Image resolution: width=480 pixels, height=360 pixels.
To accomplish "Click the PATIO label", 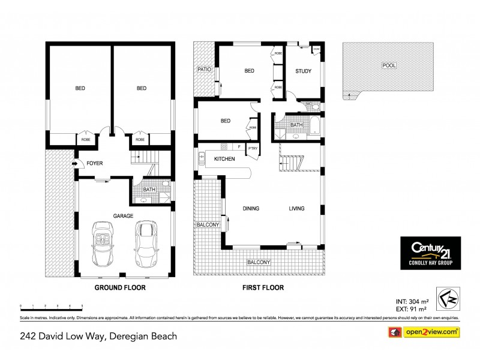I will [x=205, y=70].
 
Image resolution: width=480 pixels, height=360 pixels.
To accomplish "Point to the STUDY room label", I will [x=303, y=71].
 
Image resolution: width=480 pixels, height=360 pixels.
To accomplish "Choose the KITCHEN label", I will [x=224, y=158].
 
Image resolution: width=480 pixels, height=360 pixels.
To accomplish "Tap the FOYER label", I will [x=95, y=163].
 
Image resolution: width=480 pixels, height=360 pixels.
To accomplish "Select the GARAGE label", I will [x=122, y=215].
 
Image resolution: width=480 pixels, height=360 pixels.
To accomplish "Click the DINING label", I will [x=251, y=209].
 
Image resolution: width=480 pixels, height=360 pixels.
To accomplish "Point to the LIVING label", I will [x=296, y=209].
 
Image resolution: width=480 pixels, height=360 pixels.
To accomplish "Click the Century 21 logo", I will [x=430, y=253].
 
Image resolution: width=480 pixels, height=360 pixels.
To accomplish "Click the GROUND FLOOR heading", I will [x=120, y=287].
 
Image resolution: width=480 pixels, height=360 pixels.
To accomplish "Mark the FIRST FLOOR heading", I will [x=263, y=287].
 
